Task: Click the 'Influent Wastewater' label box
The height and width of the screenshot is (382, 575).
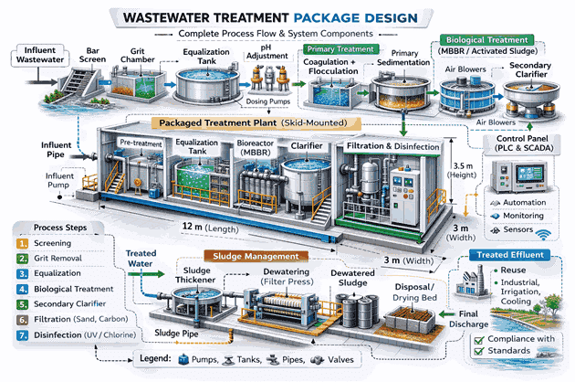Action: (40, 55)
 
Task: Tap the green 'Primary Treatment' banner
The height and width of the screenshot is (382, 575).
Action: (340, 49)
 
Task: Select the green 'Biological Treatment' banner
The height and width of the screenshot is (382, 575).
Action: (486, 39)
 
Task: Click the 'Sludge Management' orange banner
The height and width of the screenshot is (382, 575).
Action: (256, 256)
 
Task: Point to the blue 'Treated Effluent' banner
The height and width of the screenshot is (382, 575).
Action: (509, 255)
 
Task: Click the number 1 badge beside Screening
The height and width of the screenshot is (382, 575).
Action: (23, 243)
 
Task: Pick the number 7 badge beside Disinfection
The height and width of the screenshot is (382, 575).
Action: (23, 335)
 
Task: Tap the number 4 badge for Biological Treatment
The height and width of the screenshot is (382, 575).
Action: (23, 289)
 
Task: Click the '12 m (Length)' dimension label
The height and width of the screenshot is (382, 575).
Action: (210, 228)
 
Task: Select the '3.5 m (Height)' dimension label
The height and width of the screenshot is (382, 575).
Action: (462, 170)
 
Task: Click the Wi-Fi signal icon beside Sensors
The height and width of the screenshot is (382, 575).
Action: (543, 234)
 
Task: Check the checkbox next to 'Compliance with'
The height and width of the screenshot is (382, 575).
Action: (479, 340)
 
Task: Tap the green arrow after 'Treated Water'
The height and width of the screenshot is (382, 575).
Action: (146, 274)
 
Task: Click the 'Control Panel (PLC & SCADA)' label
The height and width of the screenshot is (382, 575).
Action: (522, 143)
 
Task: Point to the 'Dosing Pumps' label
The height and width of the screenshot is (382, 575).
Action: (267, 101)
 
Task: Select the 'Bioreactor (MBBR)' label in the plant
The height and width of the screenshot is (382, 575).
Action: (256, 148)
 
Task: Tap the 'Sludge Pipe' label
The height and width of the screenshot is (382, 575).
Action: (176, 334)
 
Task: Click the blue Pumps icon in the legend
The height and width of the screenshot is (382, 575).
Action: (183, 359)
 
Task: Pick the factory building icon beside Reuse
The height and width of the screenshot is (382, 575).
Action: (473, 281)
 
